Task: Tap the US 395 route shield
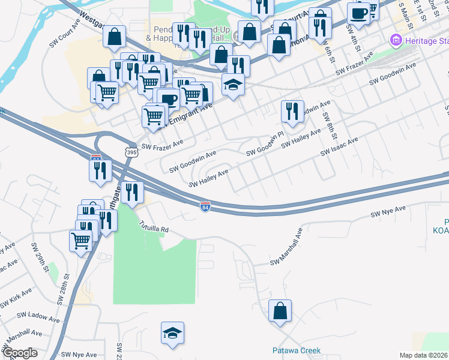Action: click(x=131, y=152)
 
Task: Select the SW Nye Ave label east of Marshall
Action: click(x=388, y=212)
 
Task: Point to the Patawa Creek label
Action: click(x=297, y=350)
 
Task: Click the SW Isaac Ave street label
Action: click(x=339, y=146)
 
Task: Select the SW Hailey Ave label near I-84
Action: click(x=209, y=178)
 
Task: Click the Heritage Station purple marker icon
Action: click(x=395, y=40)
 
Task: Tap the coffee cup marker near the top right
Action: click(x=358, y=13)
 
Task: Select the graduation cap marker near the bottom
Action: click(x=172, y=333)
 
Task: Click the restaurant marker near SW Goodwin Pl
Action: click(x=292, y=110)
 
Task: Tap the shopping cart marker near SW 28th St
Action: click(x=80, y=241)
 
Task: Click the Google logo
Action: click(x=19, y=353)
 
